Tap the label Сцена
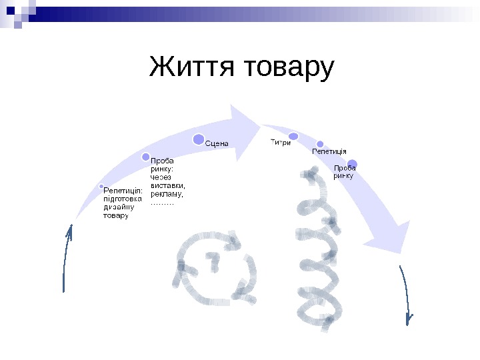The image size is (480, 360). (x=217, y=143)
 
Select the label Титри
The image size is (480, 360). (x=280, y=142)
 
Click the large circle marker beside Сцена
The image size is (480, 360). (x=199, y=139)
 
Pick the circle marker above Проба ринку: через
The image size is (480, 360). (x=146, y=157)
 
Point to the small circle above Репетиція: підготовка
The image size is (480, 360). (x=101, y=186)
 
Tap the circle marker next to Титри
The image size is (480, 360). (x=293, y=136)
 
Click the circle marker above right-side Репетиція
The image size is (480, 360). (x=320, y=144)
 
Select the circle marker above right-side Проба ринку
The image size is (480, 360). (x=353, y=164)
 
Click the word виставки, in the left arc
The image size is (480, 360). (x=167, y=186)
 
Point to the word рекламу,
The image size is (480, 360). (x=167, y=194)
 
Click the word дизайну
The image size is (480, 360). (x=119, y=207)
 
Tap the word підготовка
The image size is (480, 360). (x=123, y=198)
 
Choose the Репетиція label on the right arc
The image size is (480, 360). (x=329, y=152)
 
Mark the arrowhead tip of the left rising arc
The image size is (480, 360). (x=258, y=124)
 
